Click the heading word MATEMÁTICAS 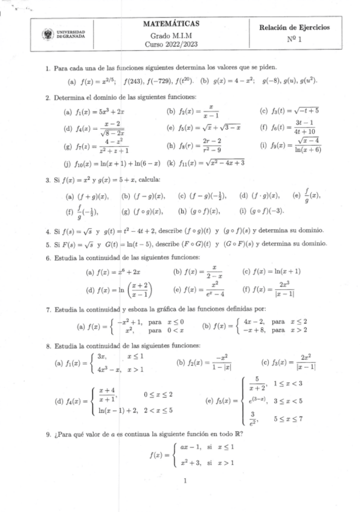point(172,23)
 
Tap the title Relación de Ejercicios point(294,27)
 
